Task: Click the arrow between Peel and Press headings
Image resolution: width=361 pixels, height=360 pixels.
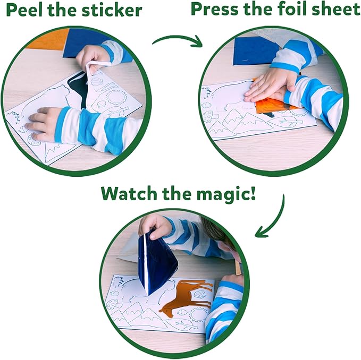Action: [178, 40]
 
